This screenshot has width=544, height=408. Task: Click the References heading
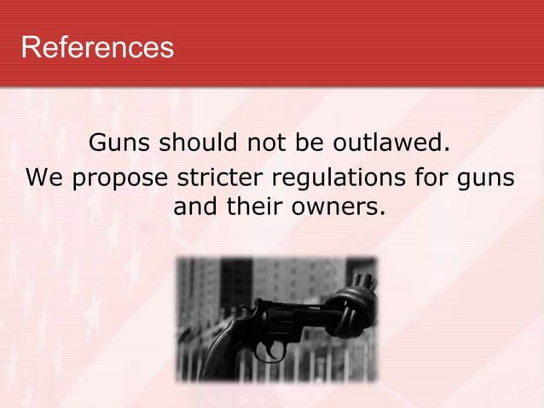(x=96, y=46)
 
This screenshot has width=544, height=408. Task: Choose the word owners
(x=338, y=207)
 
